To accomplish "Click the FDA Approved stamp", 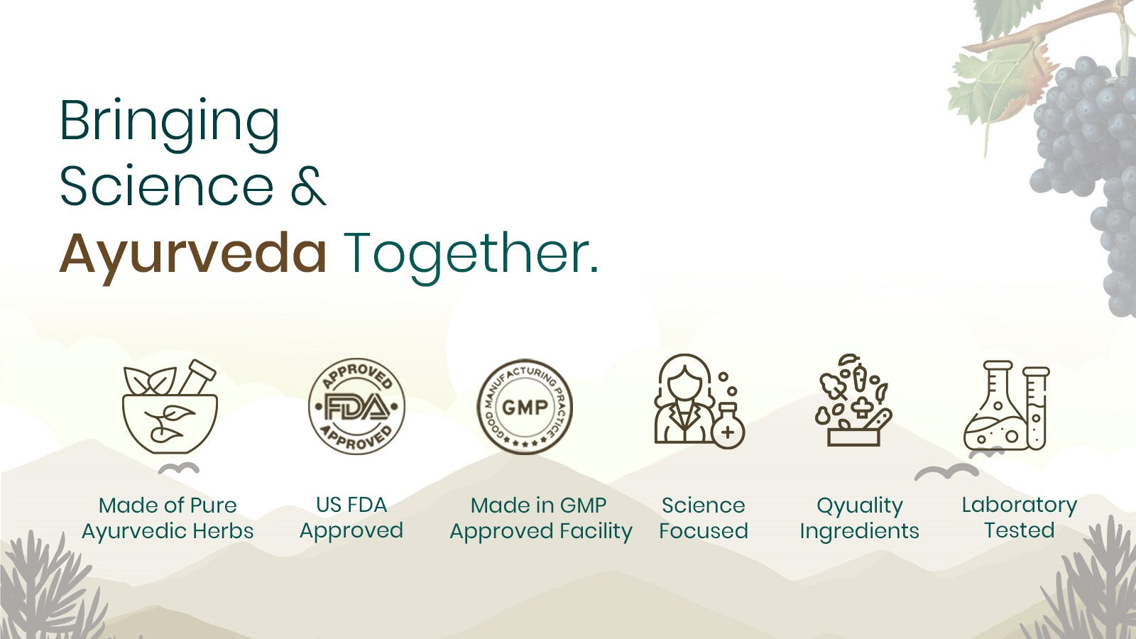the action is [356, 406].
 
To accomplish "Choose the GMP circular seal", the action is [525, 407].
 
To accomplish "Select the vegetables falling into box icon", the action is [853, 400].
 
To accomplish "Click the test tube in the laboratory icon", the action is [1036, 409].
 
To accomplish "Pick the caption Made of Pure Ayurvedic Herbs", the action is [168, 518].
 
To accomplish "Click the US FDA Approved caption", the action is [351, 518].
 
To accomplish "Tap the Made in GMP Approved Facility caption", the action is [540, 518].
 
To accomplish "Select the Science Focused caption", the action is [704, 518].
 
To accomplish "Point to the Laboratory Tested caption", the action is [1020, 518].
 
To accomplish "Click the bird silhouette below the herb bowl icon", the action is [178, 469].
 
